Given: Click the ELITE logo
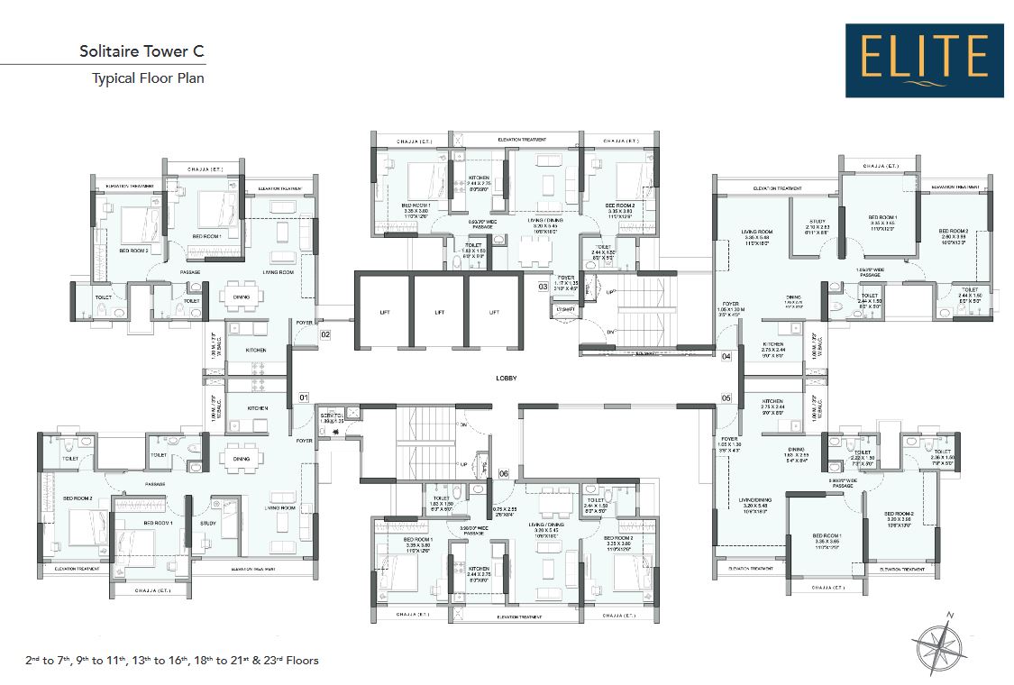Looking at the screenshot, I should pos(924,60).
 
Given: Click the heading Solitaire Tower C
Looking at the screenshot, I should pos(142,50).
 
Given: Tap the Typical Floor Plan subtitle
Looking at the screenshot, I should pos(148,78).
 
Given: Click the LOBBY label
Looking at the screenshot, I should pos(503,379).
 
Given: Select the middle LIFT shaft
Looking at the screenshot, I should pos(439,312).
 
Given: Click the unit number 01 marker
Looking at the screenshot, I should pos(304,397).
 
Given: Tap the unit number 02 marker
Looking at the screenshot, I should pos(326,334).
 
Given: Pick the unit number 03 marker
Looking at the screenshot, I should pos(544,287).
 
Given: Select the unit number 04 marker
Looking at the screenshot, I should pos(726,356).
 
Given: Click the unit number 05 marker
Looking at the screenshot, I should pos(726,397).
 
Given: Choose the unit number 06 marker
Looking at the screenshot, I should pos(503,473).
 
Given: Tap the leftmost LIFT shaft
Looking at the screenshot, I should pos(385,312).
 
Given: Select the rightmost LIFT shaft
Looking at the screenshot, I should pos(494,312).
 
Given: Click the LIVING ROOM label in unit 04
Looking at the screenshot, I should pos(757,232).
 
